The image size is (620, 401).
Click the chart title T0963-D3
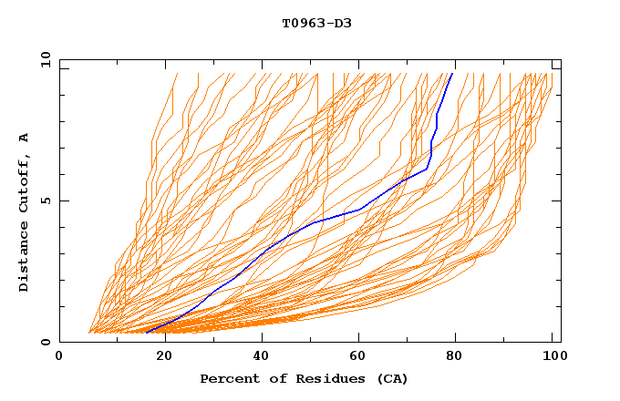[316, 23]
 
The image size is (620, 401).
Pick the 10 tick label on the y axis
[45, 60]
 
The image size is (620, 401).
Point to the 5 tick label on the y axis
[48, 200]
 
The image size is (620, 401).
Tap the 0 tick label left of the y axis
[48, 342]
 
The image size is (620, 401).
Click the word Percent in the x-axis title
[227, 378]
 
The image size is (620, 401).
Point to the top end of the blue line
[452, 74]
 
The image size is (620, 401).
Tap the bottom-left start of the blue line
[147, 333]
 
